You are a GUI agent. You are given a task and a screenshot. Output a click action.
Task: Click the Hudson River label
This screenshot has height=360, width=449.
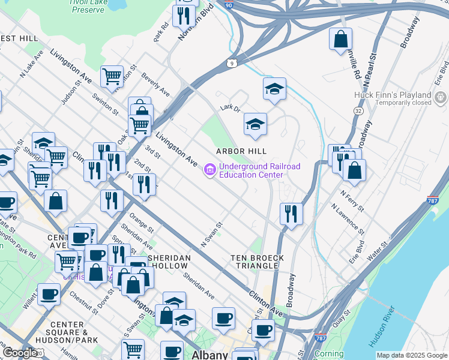382,326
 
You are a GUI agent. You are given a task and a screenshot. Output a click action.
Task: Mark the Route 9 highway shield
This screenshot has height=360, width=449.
231,62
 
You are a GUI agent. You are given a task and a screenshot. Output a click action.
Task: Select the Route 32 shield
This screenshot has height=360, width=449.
358,111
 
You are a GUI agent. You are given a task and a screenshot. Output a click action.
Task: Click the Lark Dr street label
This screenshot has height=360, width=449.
229,108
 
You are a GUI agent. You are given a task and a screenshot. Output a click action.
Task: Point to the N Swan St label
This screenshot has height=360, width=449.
211,235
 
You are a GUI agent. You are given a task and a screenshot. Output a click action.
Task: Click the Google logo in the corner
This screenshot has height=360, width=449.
20,352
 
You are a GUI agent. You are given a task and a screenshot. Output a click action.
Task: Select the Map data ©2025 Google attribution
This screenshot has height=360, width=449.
411,355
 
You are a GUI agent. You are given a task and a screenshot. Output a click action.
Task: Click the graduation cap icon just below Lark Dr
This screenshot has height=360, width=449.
255,125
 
